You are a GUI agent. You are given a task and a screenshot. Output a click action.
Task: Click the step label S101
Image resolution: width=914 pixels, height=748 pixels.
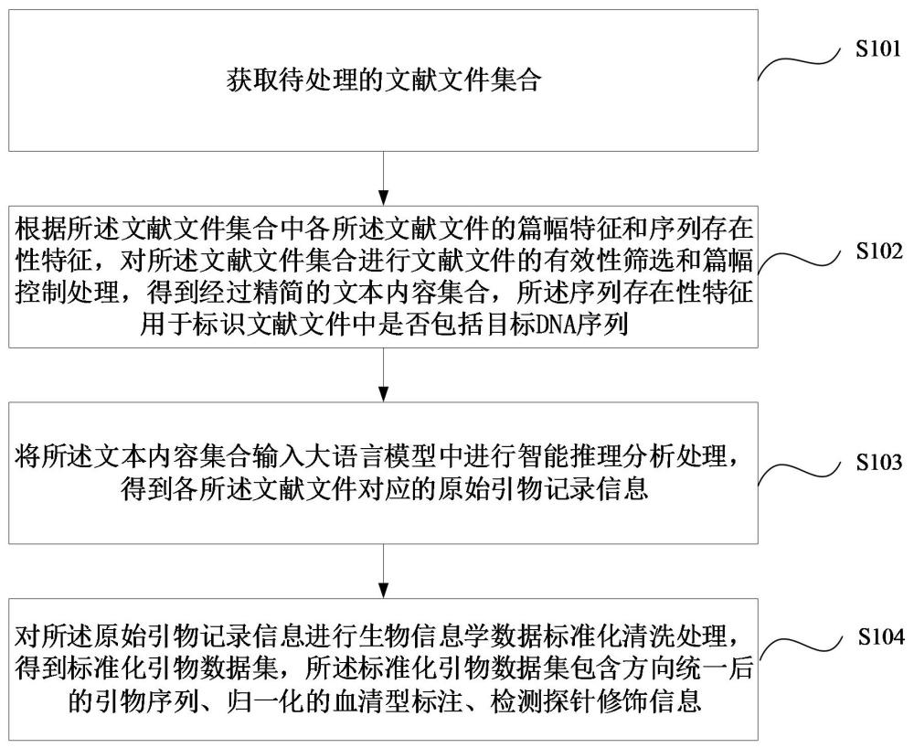[877, 49]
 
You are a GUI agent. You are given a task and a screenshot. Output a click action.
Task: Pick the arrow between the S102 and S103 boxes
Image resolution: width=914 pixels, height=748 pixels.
[383, 374]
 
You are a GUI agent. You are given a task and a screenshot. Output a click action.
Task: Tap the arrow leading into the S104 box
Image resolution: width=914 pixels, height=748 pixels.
[383, 571]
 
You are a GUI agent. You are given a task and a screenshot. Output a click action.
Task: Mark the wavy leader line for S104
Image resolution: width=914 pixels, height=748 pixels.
[800, 649]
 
